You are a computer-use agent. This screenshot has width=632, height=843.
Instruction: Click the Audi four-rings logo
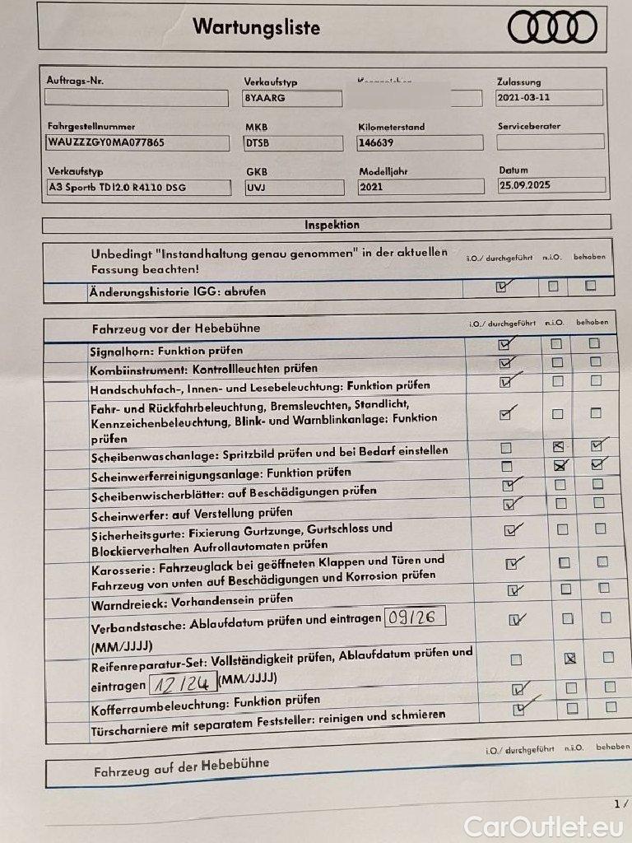point(552,27)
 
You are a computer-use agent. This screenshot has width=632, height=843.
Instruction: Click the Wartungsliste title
point(256,26)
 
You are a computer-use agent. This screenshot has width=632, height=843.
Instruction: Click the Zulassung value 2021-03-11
point(549,97)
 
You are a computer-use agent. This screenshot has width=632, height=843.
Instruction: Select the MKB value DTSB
point(293,142)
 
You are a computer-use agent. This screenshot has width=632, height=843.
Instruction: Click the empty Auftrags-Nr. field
point(137,98)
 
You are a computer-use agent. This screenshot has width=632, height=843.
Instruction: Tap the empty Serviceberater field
point(550,142)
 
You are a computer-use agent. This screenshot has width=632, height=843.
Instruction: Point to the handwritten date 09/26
point(415,616)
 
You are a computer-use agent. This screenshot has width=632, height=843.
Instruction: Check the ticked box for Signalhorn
point(504,344)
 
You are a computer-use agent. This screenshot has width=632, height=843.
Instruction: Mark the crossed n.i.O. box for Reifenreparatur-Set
point(569,658)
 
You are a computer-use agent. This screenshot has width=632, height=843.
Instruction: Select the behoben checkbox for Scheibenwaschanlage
point(597,446)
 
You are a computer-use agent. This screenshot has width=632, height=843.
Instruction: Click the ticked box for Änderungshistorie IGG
point(501,287)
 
